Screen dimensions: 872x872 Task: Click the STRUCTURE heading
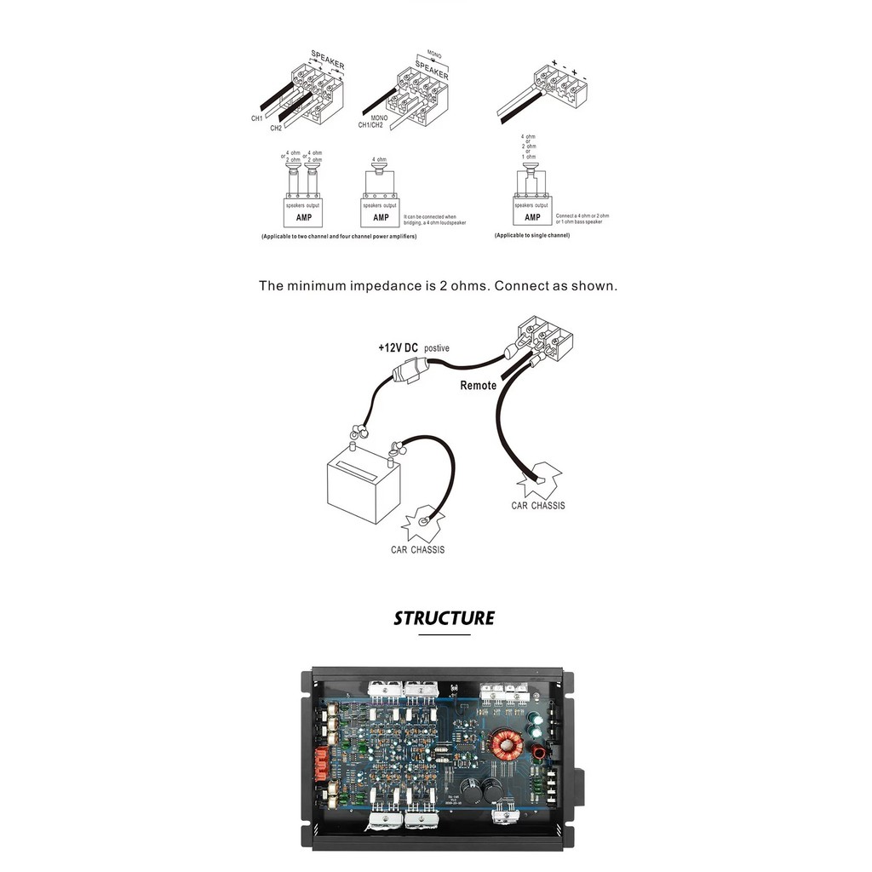[x=444, y=617]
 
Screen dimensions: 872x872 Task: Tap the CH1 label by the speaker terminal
[x=256, y=118]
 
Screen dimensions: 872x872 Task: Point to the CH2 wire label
[x=276, y=128]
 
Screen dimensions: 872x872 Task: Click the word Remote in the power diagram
[x=478, y=385]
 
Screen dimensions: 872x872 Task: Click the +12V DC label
[x=399, y=347]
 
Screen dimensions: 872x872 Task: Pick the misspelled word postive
[x=436, y=348]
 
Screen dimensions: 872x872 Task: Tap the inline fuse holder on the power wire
[x=411, y=371]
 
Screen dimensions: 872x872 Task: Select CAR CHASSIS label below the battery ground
[x=417, y=550]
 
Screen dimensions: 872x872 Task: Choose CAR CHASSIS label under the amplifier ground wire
[x=537, y=506]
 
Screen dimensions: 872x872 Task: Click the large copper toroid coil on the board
[x=508, y=746]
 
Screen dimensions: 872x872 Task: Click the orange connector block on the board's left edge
[x=323, y=758]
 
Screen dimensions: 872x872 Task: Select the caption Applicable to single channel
[x=532, y=236]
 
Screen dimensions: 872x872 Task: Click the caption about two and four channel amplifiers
[x=338, y=236]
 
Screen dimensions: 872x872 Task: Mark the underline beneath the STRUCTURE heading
[x=444, y=634]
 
